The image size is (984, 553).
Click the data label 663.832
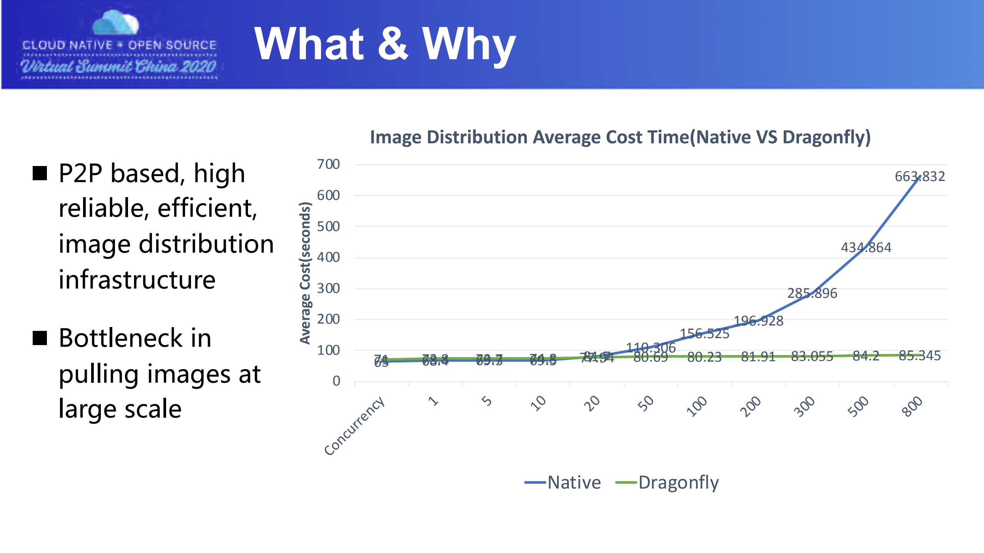point(919,176)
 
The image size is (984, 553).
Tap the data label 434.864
point(866,247)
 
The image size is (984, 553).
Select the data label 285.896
point(812,293)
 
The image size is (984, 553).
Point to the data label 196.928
point(758,321)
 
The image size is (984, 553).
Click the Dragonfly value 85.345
point(919,356)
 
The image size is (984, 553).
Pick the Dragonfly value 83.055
point(812,357)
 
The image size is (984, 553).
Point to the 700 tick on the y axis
point(328,164)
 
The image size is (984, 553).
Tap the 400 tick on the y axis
point(328,257)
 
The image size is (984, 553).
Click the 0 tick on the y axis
point(336,381)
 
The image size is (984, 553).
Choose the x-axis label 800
point(912,407)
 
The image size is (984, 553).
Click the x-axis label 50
point(645,404)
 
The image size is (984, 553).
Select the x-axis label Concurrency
point(354,426)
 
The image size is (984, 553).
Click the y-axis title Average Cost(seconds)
point(305,273)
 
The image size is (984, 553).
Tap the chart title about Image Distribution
point(620,137)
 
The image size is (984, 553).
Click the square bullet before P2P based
point(40,173)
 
